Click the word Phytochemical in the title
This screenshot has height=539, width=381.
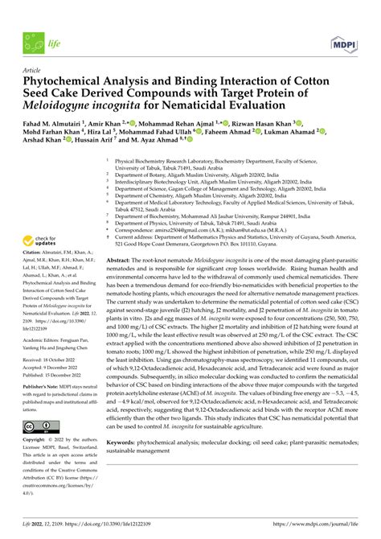coord(66,81)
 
